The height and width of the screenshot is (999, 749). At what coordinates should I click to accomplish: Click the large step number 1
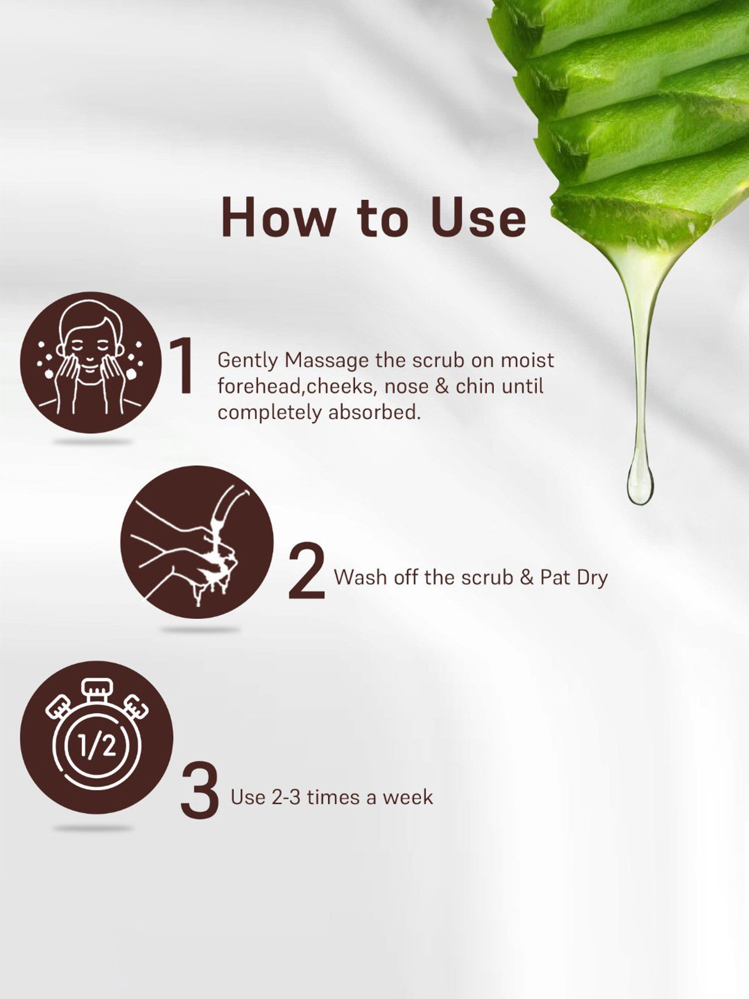click(183, 366)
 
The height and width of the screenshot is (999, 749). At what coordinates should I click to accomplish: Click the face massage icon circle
click(91, 363)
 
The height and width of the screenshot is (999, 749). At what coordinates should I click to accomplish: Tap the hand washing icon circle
click(197, 542)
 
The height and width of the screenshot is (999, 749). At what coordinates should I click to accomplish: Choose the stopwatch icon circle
click(97, 737)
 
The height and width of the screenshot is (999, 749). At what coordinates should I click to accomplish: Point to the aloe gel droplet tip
click(640, 503)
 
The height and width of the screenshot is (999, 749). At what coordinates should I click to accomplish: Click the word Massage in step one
click(327, 361)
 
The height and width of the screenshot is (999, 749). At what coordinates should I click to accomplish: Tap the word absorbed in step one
click(374, 412)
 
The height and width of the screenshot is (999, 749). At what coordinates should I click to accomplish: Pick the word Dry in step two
click(592, 578)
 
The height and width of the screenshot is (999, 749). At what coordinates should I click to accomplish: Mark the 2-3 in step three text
click(286, 797)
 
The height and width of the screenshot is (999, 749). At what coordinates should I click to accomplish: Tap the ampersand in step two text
click(527, 577)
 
